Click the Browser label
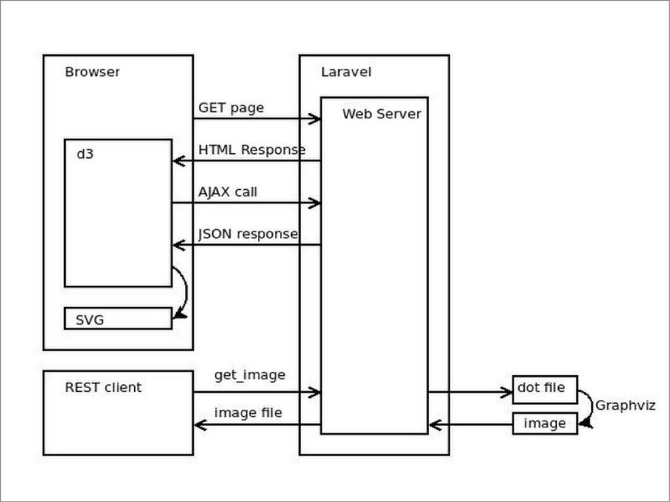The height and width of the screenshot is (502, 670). pos(92,72)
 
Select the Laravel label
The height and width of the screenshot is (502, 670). pos(345,72)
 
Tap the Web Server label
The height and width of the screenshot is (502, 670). pos(381,114)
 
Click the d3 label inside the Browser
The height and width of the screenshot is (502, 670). pos(85,154)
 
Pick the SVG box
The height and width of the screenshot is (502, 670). pos(118,319)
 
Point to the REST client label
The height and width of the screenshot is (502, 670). pos(103,387)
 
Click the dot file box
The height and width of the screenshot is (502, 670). pos(544,389)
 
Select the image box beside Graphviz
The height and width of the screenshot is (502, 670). pos(544,423)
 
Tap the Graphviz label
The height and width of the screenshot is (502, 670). pos(625,406)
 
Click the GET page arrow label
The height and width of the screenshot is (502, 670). pos(231,108)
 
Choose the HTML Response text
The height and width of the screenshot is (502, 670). pos(251,150)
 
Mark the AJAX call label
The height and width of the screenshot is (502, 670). pos(228,192)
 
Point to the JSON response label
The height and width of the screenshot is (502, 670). pos(248,234)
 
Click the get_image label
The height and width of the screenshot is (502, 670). pos(249,375)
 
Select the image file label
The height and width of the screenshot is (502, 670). pos(248,413)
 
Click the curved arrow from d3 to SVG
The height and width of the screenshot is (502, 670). pos(184,291)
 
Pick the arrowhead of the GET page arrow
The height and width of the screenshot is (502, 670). pos(315,118)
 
